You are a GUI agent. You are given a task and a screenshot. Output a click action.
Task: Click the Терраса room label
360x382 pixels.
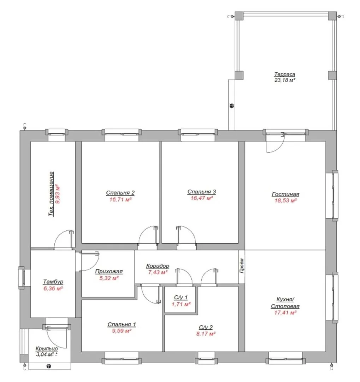tap(285, 74)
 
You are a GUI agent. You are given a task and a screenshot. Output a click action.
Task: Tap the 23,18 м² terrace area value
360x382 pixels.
tap(285, 80)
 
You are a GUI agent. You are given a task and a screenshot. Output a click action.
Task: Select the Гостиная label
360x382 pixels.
tap(285, 194)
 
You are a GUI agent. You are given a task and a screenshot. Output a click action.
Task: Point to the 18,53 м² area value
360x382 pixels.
tap(285, 201)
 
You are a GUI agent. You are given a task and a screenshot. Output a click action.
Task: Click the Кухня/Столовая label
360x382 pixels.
tap(285, 303)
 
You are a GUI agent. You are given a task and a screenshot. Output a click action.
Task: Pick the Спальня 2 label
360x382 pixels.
tap(120, 193)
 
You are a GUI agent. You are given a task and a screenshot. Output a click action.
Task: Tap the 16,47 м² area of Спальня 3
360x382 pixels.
tap(201, 198)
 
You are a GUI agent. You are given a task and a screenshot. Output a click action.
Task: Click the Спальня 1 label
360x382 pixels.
tap(122, 324)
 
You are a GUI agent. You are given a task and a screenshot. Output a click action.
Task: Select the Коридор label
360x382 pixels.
tap(158, 266)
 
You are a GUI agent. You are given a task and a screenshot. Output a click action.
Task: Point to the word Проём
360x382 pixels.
tap(242, 266)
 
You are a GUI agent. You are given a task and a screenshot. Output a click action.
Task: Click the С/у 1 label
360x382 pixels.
tap(181, 297)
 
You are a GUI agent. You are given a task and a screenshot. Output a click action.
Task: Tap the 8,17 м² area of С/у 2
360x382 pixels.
tap(206, 334)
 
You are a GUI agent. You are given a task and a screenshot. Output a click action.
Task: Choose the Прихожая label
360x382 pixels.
tap(109, 271)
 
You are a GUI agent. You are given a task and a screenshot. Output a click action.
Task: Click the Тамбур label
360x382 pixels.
tap(53, 282)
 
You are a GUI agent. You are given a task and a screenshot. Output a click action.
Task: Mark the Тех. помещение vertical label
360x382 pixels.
tap(51, 194)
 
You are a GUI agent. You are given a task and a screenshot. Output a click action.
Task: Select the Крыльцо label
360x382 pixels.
tap(47, 349)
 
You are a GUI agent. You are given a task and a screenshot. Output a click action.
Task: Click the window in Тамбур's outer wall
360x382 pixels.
tap(22, 278)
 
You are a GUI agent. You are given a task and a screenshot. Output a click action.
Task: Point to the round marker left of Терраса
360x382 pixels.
tap(232, 106)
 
